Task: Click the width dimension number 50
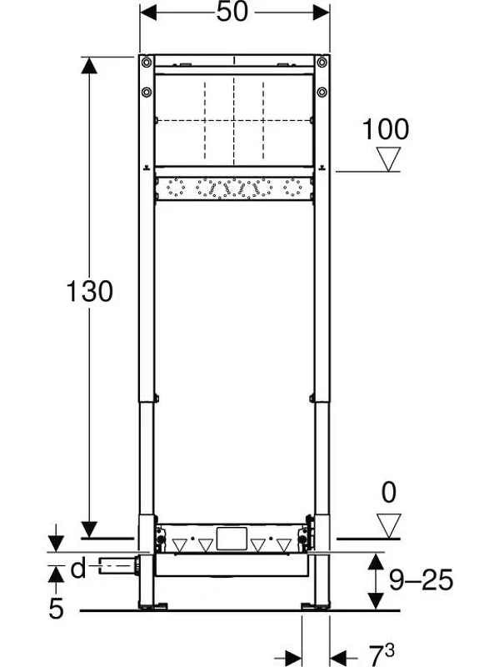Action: [x=232, y=12]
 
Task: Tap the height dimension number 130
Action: [x=90, y=291]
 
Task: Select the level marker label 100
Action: [x=386, y=129]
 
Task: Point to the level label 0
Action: [x=389, y=493]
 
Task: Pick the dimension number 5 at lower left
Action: [x=56, y=608]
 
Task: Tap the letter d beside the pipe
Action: [x=78, y=569]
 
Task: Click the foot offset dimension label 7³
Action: [x=382, y=654]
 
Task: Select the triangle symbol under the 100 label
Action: [x=389, y=159]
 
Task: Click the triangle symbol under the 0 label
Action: [x=389, y=526]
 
